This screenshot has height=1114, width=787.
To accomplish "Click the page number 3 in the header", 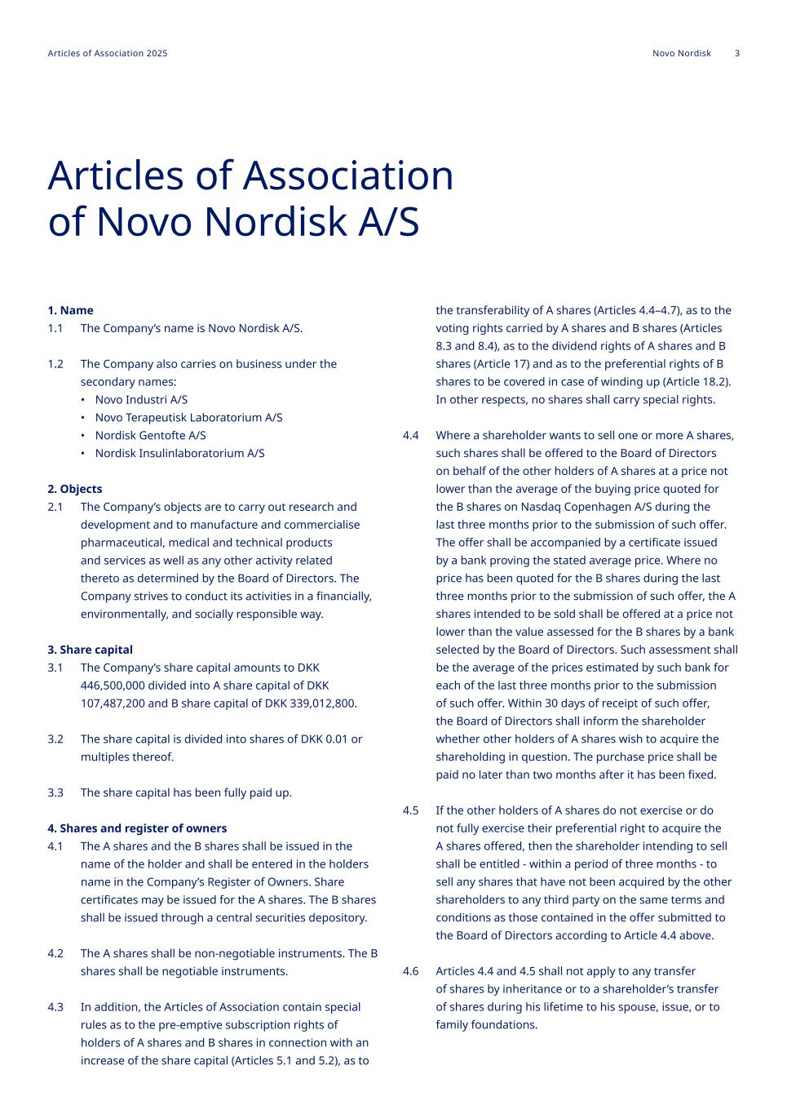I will [737, 54].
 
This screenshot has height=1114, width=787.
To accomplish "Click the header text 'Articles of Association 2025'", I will [108, 54].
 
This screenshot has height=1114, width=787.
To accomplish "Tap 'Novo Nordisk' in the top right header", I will [682, 54].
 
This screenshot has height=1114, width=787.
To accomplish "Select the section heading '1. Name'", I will [70, 310].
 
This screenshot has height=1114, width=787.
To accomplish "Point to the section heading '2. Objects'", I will [75, 489].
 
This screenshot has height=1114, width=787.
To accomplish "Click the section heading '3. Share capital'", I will [90, 650].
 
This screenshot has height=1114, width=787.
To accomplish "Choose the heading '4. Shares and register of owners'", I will [137, 828].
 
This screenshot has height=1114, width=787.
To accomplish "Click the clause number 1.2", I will [55, 364].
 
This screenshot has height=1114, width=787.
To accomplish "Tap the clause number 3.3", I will [55, 792].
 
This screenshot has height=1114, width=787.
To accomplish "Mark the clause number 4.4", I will [411, 435].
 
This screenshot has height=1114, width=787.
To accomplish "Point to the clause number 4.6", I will [411, 971].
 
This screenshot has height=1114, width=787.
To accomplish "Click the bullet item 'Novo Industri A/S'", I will [141, 400].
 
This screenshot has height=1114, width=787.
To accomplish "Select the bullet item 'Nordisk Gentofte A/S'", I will [150, 436].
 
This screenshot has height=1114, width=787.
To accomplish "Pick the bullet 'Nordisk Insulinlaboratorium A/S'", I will [179, 454].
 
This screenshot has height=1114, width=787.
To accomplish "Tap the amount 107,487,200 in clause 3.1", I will [113, 703].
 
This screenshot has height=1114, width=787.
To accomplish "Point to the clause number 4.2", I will [55, 953].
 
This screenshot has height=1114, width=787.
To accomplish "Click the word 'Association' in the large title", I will [348, 175].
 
